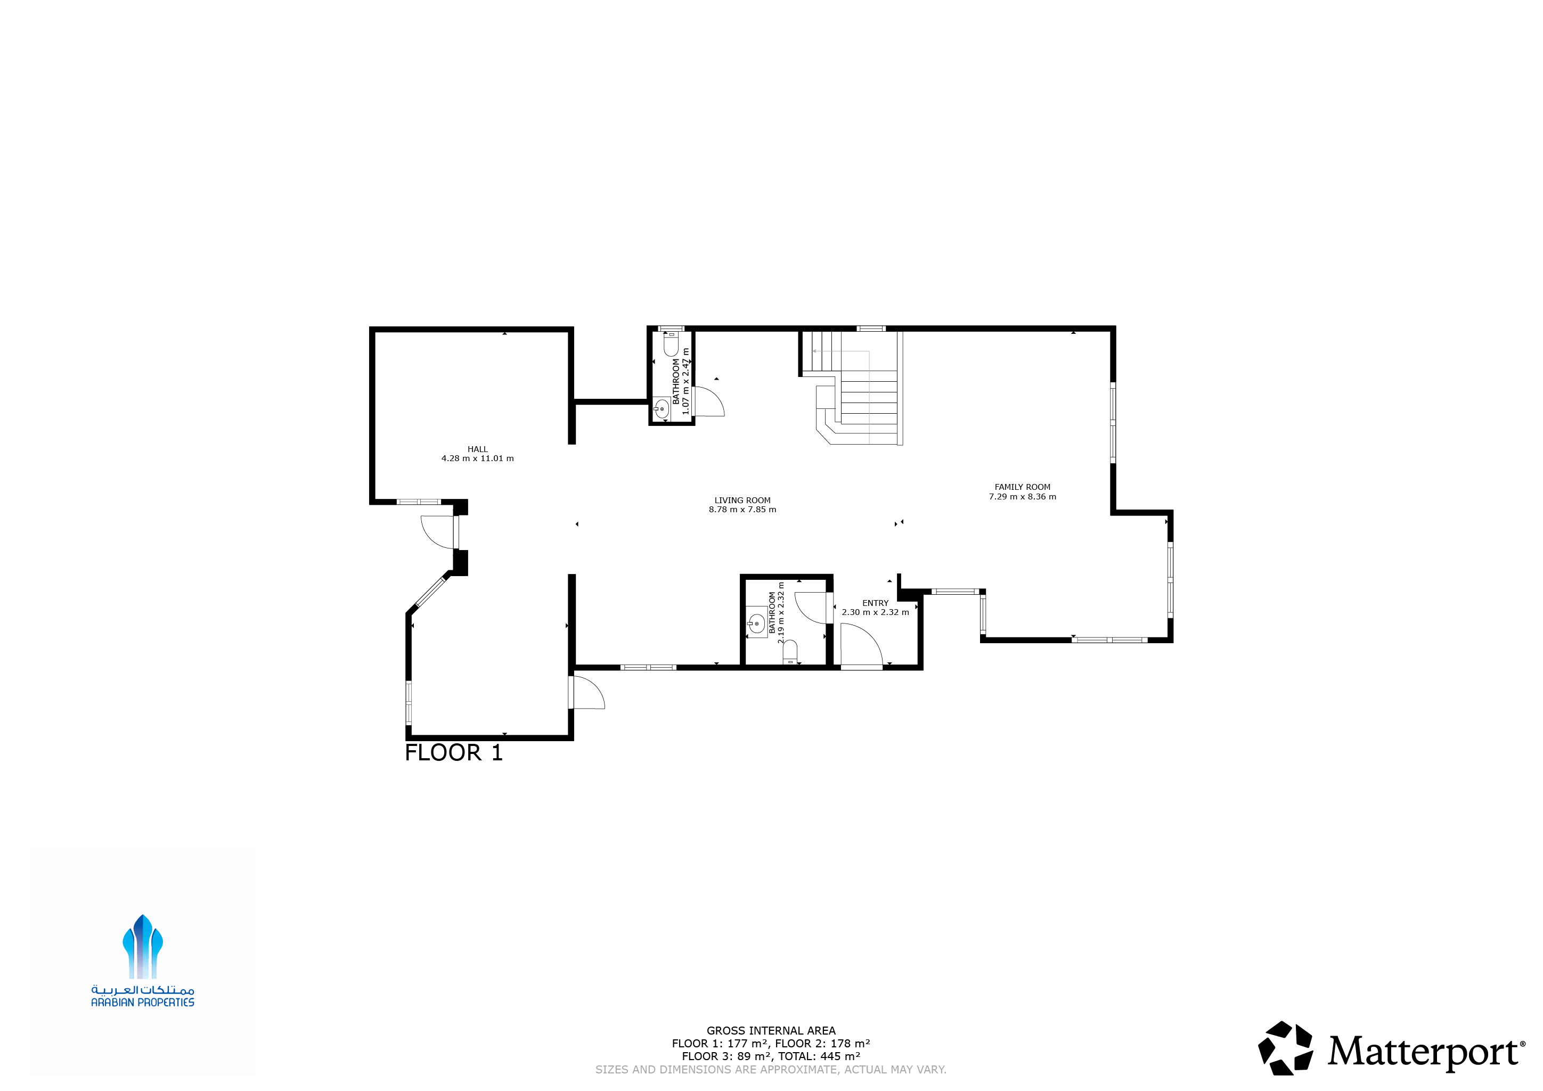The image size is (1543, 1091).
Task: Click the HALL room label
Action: [477, 449]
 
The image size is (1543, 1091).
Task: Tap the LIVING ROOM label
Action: [742, 501]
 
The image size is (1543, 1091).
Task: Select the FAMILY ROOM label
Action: [1022, 487]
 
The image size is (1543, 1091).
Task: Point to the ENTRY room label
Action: [875, 603]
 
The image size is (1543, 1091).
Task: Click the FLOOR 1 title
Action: [454, 753]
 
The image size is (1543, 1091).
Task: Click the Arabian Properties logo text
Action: [142, 1002]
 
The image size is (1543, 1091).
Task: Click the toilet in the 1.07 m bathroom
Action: [671, 344]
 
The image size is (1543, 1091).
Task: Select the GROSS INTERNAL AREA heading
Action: [771, 1030]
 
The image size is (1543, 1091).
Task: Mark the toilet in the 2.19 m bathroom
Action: [790, 652]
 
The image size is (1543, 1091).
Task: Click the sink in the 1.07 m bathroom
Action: [662, 408]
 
